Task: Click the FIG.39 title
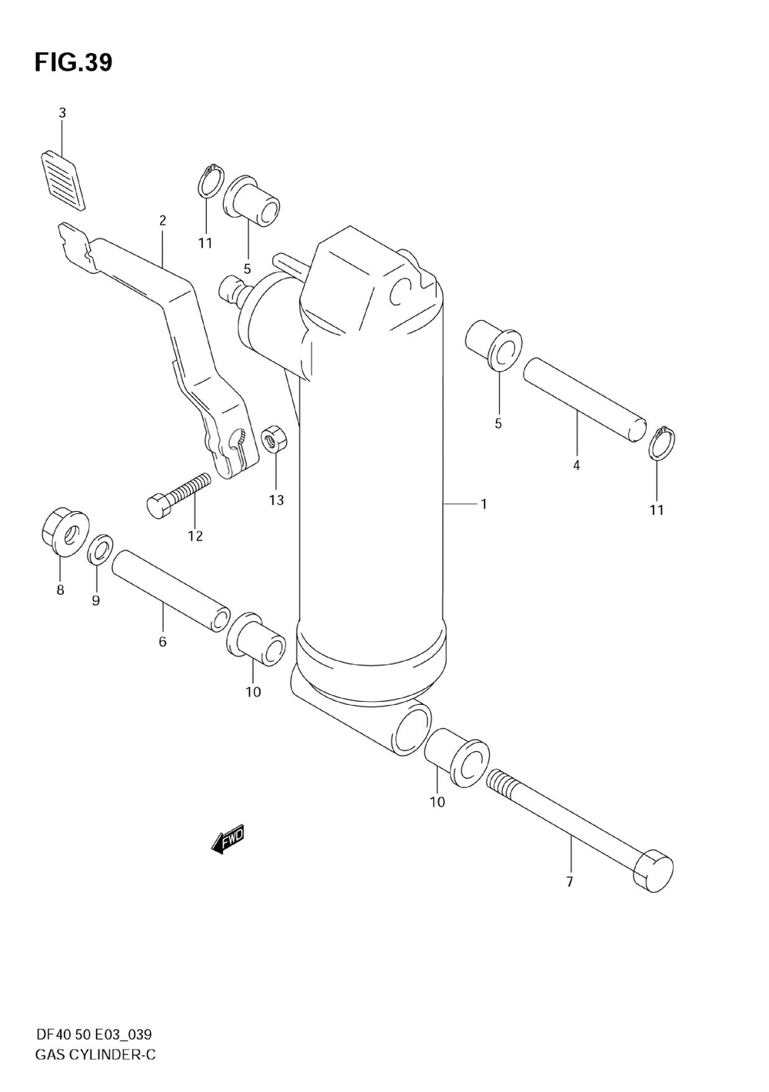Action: (x=73, y=63)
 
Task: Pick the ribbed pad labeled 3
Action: (x=62, y=177)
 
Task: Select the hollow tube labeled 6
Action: (x=171, y=591)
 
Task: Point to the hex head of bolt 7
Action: (x=652, y=871)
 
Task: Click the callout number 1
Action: (x=484, y=504)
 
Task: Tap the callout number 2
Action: (x=163, y=221)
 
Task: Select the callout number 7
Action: (x=570, y=882)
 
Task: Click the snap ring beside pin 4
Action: (x=662, y=445)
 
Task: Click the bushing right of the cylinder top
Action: (x=493, y=345)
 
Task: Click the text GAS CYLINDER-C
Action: (x=95, y=1054)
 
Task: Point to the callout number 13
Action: (x=276, y=500)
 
